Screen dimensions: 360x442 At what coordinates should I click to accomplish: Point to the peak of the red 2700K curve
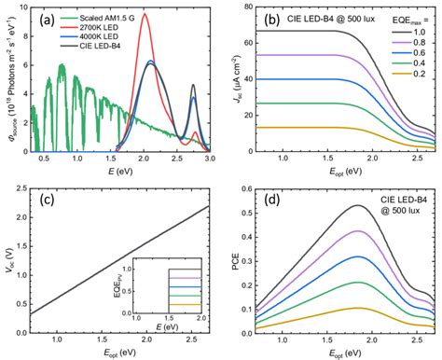(x=145, y=14)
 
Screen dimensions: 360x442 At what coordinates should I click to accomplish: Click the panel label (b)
(x=270, y=19)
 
